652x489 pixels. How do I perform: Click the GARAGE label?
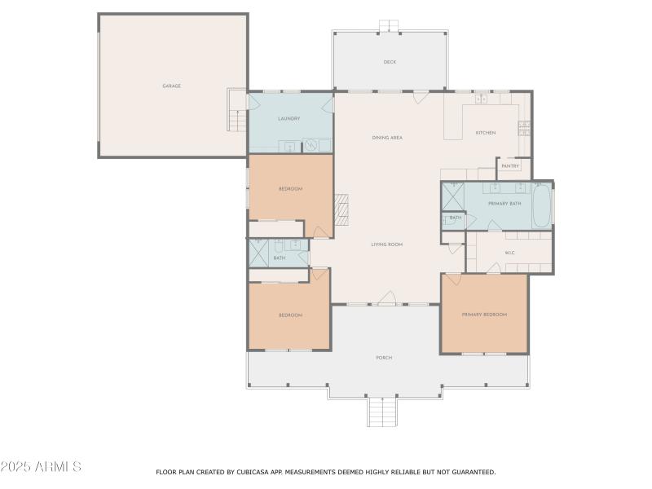(x=171, y=86)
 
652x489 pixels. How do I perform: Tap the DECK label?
(x=390, y=62)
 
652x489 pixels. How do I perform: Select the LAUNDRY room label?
(x=289, y=119)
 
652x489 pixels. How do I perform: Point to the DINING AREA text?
(x=387, y=138)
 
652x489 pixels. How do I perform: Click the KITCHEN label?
(x=486, y=133)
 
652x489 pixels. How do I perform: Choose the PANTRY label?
(x=510, y=166)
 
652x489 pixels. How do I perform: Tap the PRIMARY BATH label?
(x=504, y=203)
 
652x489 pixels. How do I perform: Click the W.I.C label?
(x=509, y=253)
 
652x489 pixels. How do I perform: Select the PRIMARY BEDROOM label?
(x=484, y=315)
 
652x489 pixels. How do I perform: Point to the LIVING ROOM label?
(x=387, y=244)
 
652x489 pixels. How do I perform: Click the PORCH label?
(x=384, y=358)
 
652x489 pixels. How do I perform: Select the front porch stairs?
(x=382, y=412)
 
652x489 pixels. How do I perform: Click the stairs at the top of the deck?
(x=390, y=26)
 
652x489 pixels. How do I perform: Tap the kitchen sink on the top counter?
(x=481, y=99)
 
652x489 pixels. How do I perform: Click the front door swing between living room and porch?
(x=388, y=298)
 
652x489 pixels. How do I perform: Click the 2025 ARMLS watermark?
(x=41, y=467)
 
